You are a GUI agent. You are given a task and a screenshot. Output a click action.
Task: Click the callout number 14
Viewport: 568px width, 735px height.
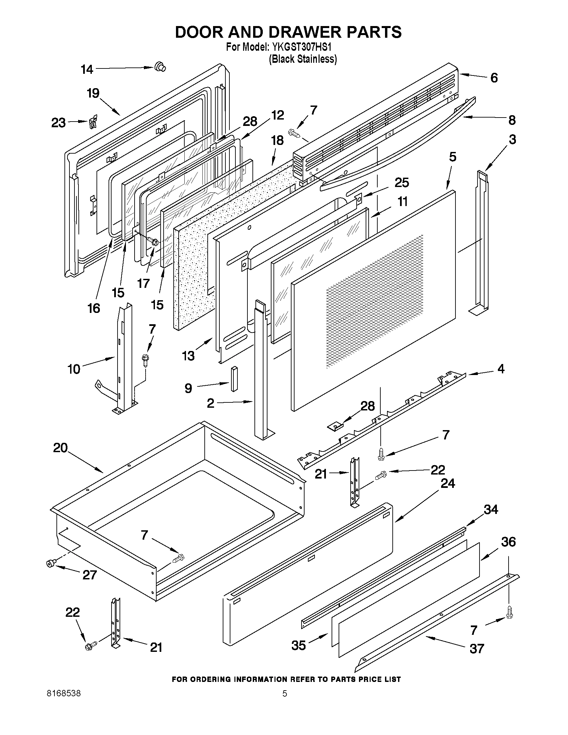pos(87,69)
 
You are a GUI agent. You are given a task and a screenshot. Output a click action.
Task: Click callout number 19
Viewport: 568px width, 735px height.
pos(93,93)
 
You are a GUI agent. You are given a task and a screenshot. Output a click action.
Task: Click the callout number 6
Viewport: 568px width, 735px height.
pos(494,78)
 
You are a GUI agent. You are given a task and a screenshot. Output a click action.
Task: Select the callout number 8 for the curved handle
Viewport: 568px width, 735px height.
pos(512,120)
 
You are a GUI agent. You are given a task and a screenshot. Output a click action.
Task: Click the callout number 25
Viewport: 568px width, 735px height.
pos(402,182)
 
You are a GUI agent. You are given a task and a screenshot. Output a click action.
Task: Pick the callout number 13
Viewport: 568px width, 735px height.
pos(188,356)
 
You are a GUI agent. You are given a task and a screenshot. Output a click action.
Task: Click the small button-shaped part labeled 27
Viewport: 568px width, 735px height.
pos(51,563)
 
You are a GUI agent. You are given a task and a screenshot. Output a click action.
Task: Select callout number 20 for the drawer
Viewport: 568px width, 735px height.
pos(60,447)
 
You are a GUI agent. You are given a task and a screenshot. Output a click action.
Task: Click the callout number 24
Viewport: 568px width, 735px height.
pos(448,484)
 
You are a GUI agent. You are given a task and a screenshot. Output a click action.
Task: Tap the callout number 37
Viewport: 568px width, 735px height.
pos(477,649)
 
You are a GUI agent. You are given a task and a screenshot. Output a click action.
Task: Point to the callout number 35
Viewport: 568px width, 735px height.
pos(299,646)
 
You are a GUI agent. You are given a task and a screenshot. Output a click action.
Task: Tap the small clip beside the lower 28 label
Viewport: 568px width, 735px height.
pos(335,426)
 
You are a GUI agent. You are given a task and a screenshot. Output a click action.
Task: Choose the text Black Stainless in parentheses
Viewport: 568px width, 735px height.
pos(303,59)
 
